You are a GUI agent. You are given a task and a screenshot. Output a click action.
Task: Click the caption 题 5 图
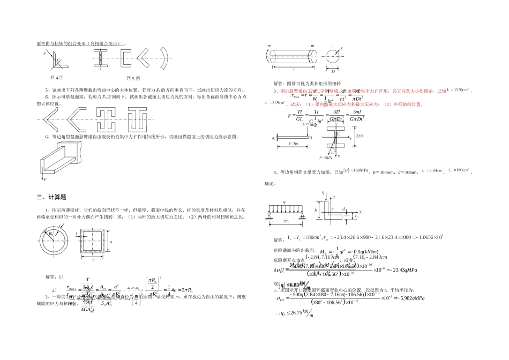132,78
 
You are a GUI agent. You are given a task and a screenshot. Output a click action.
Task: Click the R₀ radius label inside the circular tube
50,234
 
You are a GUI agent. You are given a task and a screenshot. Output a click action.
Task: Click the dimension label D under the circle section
333,71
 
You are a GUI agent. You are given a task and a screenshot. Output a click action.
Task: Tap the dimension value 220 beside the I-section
359,136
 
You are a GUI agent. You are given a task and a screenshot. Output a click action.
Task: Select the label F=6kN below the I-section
326,159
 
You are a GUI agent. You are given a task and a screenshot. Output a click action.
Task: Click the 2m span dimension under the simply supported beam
286,221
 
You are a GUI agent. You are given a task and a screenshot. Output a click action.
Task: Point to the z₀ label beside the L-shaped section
356,217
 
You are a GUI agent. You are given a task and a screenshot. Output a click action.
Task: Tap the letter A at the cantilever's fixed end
273,138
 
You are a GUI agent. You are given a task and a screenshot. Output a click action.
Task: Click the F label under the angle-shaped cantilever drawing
46,180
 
